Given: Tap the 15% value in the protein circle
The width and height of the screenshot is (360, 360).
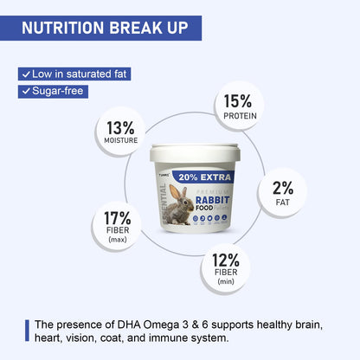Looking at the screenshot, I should click(x=238, y=102).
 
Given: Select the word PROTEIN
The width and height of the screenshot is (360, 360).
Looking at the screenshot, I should click(x=238, y=116).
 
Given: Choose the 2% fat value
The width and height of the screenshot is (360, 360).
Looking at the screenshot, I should click(x=282, y=189).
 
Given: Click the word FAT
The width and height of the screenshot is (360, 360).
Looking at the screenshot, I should click(x=282, y=202).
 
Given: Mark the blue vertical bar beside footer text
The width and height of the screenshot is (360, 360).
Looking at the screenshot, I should click(x=27, y=331).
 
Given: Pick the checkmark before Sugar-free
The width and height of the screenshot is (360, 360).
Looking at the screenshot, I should click(x=26, y=91).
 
